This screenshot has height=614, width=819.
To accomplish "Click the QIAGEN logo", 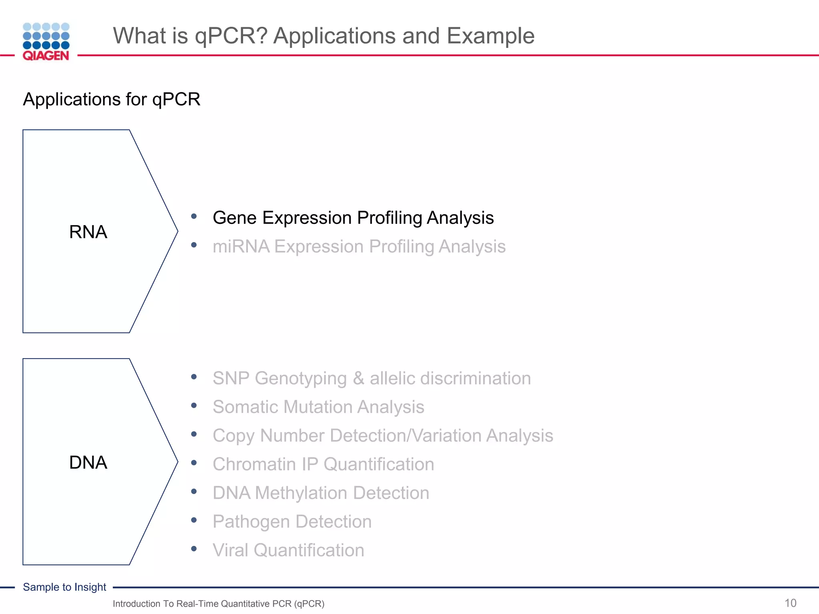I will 46,42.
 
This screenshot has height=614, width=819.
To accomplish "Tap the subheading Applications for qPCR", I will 112,99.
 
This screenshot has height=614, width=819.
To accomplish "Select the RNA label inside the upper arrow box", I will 88,232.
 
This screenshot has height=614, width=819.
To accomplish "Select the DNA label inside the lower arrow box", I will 88,462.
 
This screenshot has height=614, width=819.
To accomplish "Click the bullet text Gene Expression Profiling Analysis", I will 353,218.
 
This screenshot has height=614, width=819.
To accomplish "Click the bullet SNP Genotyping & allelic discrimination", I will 372,378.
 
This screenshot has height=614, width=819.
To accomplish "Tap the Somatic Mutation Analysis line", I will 318,407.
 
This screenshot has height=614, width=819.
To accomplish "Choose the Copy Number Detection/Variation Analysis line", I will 383,436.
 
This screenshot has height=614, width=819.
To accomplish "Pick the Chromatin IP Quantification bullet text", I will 323,464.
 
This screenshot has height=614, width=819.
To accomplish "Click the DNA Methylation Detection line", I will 321,493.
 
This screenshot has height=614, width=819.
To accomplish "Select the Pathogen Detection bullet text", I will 292,522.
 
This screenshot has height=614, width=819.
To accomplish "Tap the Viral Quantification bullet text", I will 288,550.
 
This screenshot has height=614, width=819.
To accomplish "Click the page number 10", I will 790,603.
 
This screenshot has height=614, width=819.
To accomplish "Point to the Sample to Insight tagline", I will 64,587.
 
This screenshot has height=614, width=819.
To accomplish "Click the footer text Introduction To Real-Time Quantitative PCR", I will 218,604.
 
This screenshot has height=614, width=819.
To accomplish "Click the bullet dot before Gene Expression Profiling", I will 194,216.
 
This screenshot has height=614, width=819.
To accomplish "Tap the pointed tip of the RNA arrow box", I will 176,231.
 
